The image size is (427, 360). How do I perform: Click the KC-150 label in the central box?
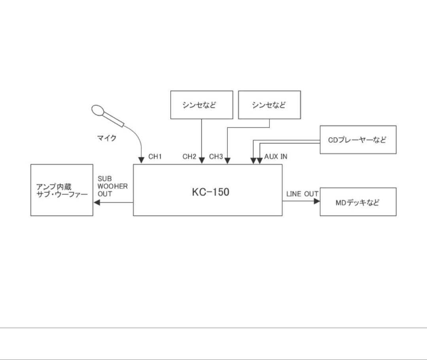pos(210,192)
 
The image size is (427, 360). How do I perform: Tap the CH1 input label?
pos(155,157)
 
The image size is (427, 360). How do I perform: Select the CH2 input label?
pos(189,157)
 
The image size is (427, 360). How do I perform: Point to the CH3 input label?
pos(216,157)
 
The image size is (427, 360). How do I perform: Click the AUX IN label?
pos(276,157)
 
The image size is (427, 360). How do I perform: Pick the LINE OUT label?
pos(302,194)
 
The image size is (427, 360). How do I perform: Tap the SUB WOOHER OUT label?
pos(112,187)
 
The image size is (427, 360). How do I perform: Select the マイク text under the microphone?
pos(107,138)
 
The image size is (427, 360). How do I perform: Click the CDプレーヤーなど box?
pos(358,139)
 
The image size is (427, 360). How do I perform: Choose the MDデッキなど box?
pos(358,202)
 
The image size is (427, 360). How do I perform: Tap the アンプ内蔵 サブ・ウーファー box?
pos(62,190)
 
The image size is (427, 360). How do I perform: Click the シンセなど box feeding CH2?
pos(202,105)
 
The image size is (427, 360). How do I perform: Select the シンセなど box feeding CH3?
pos(269,105)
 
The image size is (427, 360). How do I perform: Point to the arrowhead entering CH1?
pos(142,160)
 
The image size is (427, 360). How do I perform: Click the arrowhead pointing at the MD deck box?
pos(317,201)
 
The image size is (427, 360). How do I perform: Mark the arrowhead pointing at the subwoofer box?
pos(96,202)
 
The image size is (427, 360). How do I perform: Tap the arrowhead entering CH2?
pos(202,160)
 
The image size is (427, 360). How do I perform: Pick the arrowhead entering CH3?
pos(227,160)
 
